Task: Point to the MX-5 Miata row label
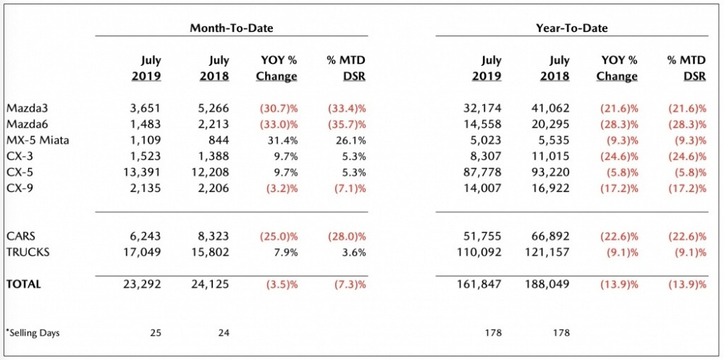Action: click(x=38, y=140)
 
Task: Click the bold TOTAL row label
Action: click(x=24, y=285)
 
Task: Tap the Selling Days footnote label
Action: click(x=33, y=332)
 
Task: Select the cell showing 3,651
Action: click(x=146, y=108)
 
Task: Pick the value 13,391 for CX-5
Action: click(x=143, y=172)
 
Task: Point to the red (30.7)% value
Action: click(x=277, y=108)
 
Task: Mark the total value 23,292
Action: click(x=143, y=285)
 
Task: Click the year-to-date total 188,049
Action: click(x=547, y=285)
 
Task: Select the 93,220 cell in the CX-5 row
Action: click(x=550, y=172)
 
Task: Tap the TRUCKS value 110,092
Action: click(x=479, y=251)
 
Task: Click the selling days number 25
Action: click(x=155, y=332)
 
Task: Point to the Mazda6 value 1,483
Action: click(x=146, y=124)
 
